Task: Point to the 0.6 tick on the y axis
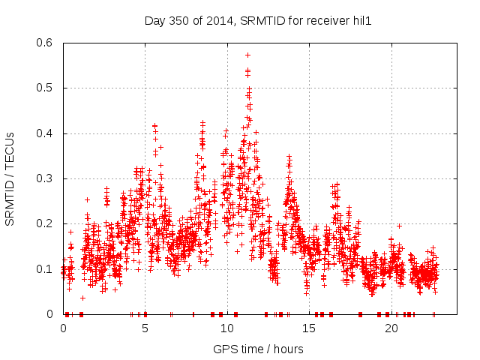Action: pyautogui.click(x=46, y=43)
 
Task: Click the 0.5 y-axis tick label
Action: pyautogui.click(x=46, y=88)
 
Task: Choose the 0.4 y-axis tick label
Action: pyautogui.click(x=46, y=133)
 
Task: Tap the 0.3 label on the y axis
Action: pyautogui.click(x=46, y=178)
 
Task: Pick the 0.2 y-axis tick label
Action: pyautogui.click(x=46, y=223)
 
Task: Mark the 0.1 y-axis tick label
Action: pyautogui.click(x=46, y=268)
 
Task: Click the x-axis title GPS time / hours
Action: pyautogui.click(x=259, y=349)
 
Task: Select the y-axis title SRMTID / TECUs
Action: pyautogui.click(x=10, y=178)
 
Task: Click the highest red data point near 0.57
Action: pyautogui.click(x=247, y=55)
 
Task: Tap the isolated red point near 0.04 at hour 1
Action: pyautogui.click(x=82, y=298)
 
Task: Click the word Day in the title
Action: pyautogui.click(x=154, y=21)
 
